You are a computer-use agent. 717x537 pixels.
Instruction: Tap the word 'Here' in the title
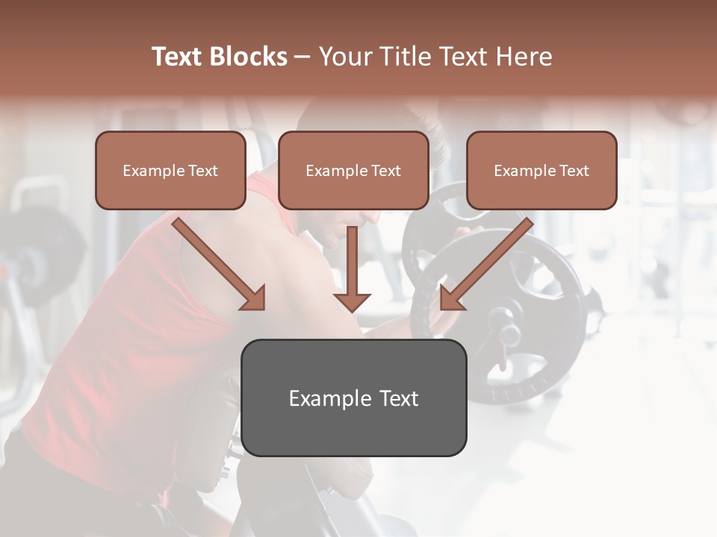coord(524,57)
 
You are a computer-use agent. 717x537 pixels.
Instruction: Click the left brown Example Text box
coord(170,170)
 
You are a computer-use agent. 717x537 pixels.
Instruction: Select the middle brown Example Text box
coord(353,170)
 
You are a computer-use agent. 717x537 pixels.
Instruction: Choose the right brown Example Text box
coord(541,170)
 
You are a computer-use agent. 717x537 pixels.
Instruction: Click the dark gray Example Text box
coord(354,398)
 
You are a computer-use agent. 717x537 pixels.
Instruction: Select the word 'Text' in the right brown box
coord(574,171)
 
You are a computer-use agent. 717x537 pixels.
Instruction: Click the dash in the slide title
coord(302,57)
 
